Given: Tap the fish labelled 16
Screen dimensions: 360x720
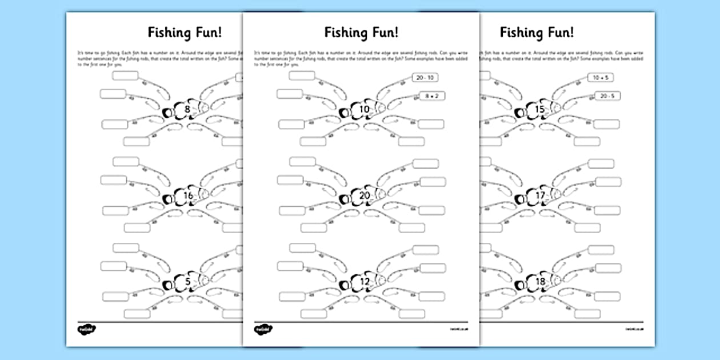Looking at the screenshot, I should click(x=187, y=197).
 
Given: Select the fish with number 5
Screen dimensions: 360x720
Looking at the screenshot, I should click(x=187, y=282).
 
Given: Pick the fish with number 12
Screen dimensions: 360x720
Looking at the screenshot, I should click(x=363, y=282).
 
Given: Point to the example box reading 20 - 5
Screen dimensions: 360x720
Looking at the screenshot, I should click(x=607, y=96).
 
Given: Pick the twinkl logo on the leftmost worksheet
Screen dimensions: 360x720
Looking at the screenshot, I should click(x=87, y=330).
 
